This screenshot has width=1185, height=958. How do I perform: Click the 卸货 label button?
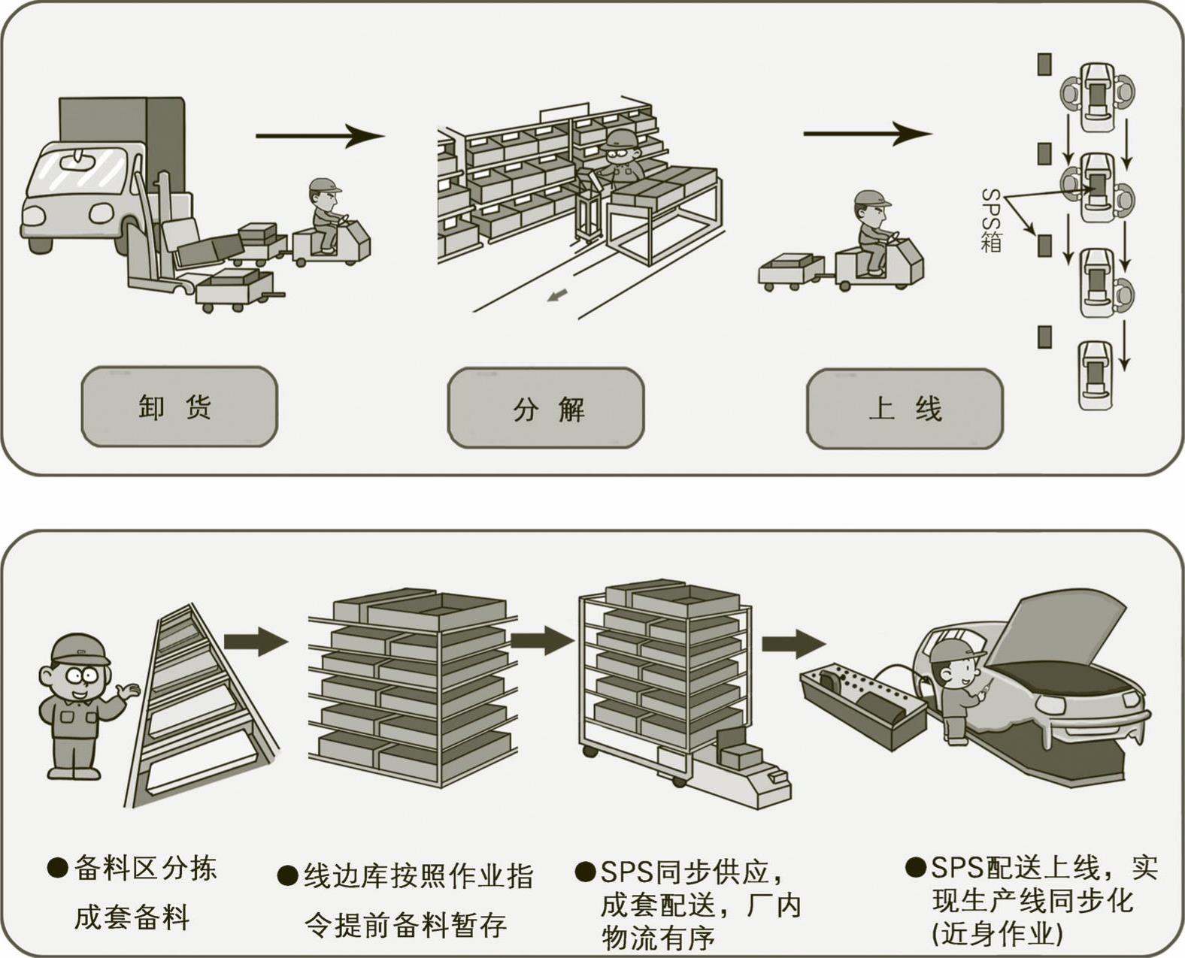point(179,406)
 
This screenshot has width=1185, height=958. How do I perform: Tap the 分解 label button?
point(546,408)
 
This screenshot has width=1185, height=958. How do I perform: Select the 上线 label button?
point(905,409)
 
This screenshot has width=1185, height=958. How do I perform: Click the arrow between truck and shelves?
point(320,136)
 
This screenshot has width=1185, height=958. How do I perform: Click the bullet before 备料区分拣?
point(57,868)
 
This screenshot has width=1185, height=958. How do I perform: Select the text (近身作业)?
point(996,933)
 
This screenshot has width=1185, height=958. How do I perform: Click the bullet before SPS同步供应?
point(585,872)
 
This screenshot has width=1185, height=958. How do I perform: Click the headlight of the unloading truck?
point(36,215)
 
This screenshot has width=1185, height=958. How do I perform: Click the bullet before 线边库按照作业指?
point(287,876)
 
